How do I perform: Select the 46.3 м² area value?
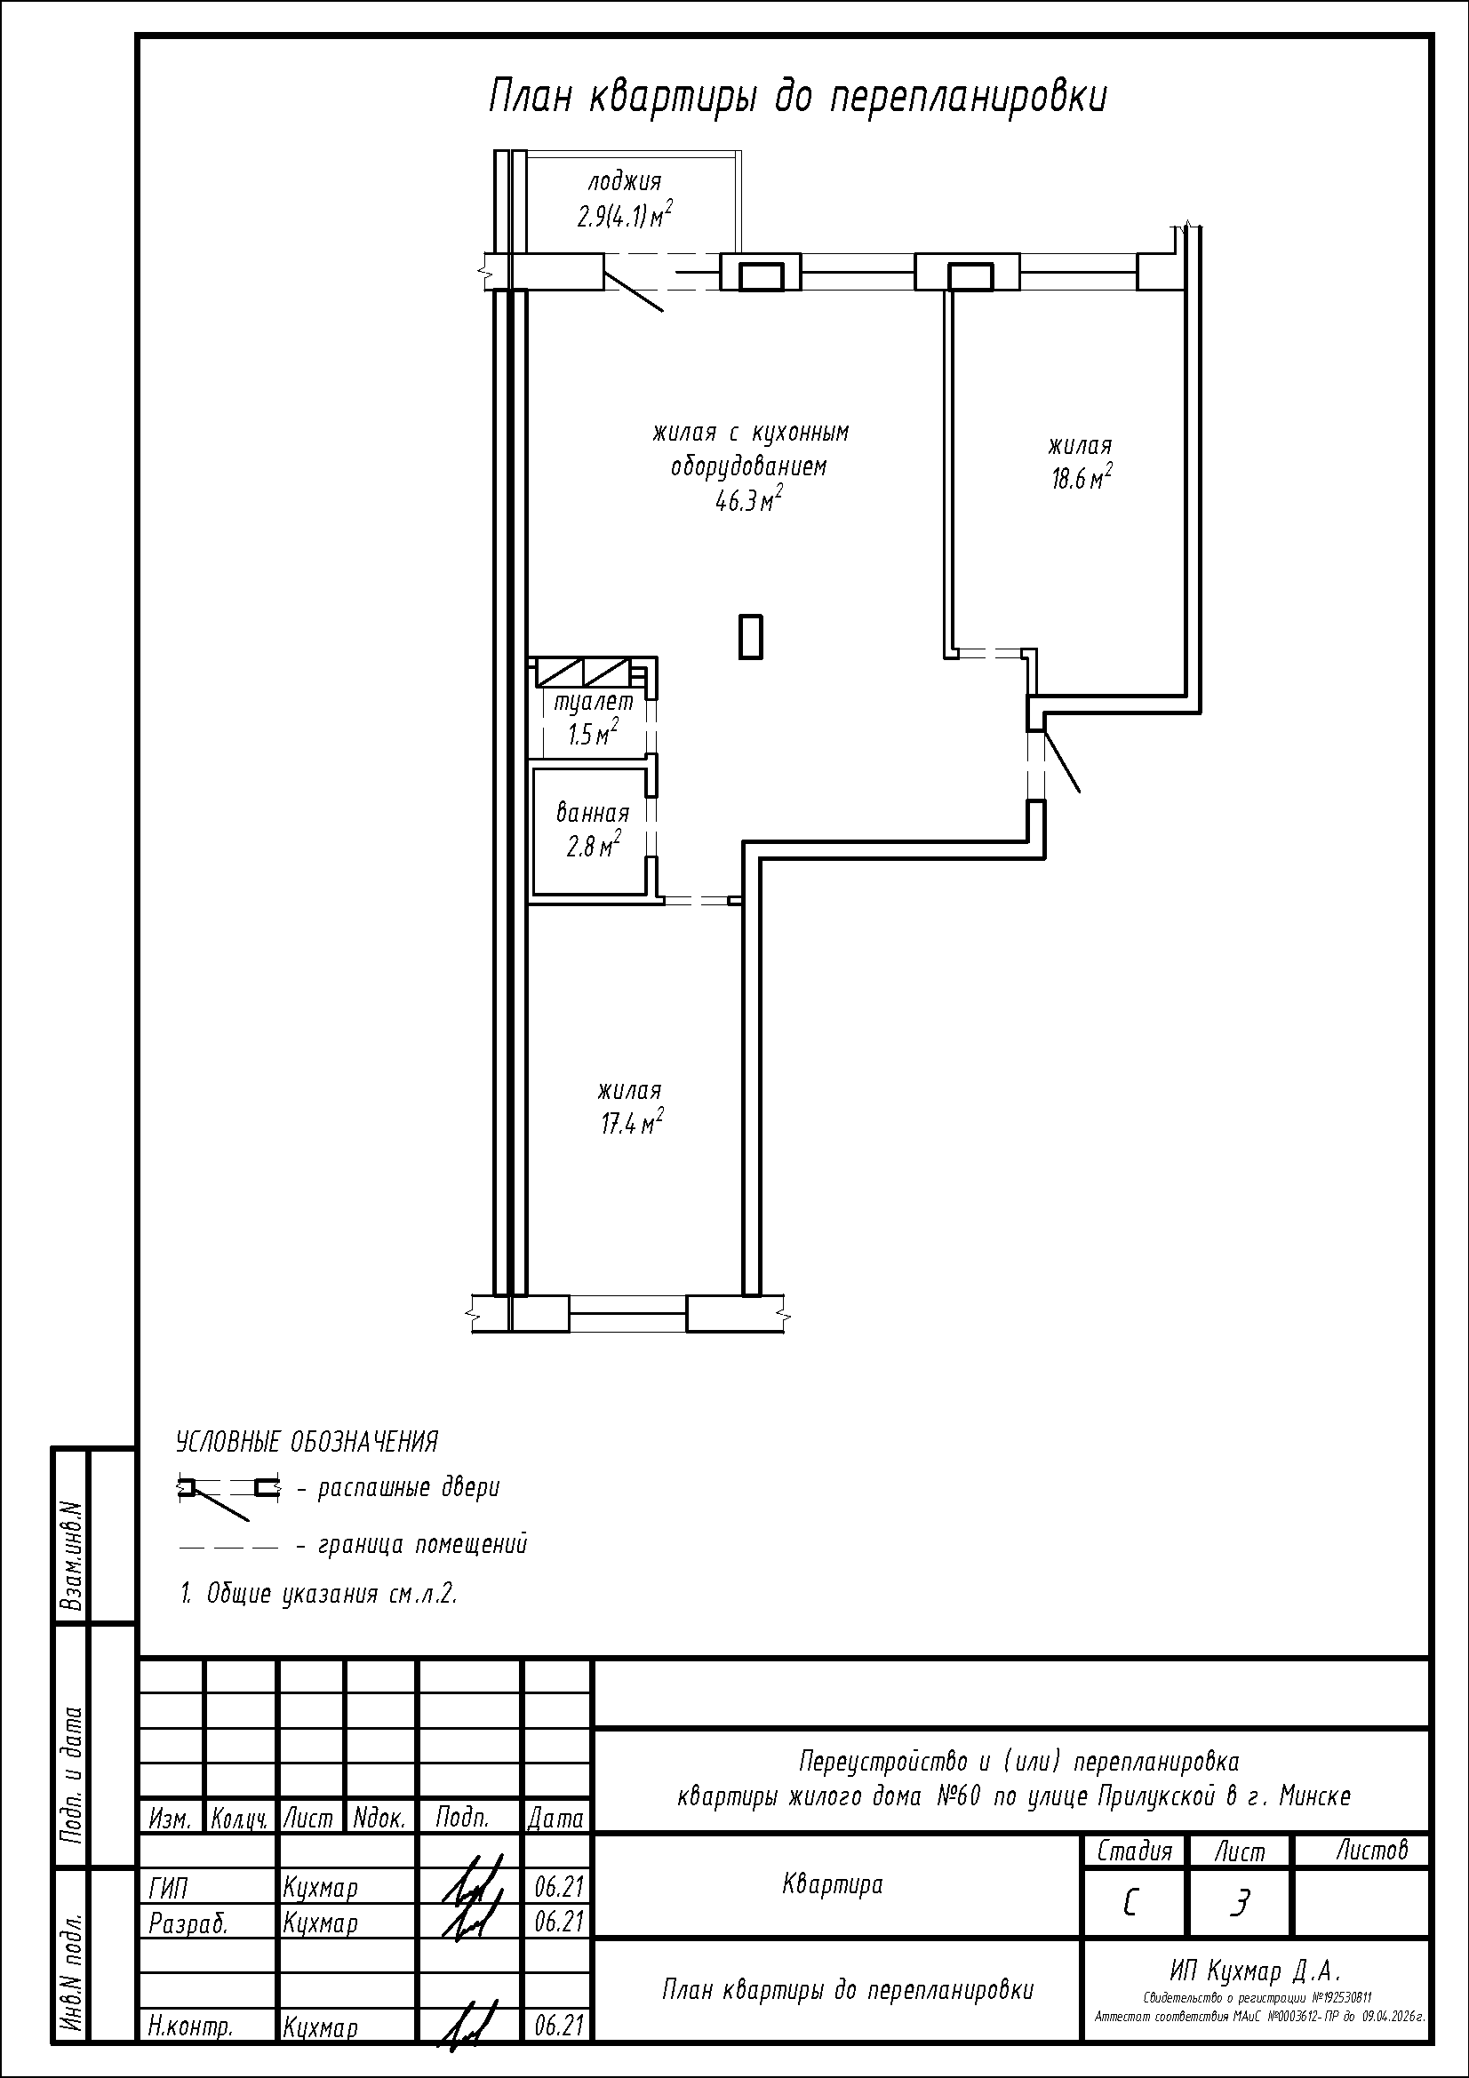pos(749,499)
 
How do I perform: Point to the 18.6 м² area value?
pos(1081,477)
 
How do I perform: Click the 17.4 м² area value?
pos(633,1123)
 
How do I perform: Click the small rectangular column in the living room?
pos(750,636)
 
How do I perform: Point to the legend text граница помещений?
pos(422,1545)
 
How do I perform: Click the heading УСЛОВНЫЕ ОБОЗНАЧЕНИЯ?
pos(307,1442)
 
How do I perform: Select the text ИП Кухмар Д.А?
pos(1254,1970)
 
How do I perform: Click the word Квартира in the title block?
pos(832,1884)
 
